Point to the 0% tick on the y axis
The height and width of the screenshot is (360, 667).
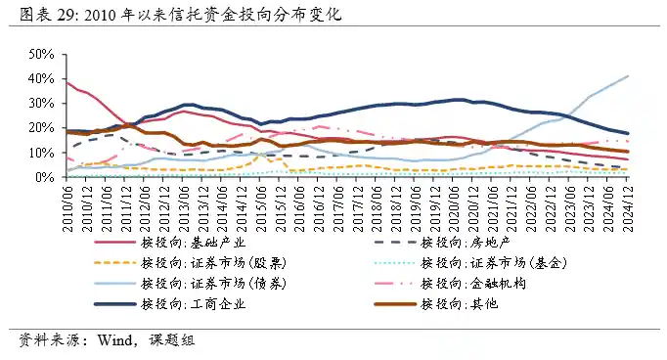point(41,178)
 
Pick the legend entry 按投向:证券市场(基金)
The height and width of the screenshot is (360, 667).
point(493,263)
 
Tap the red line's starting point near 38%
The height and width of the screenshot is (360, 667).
point(66,82)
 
